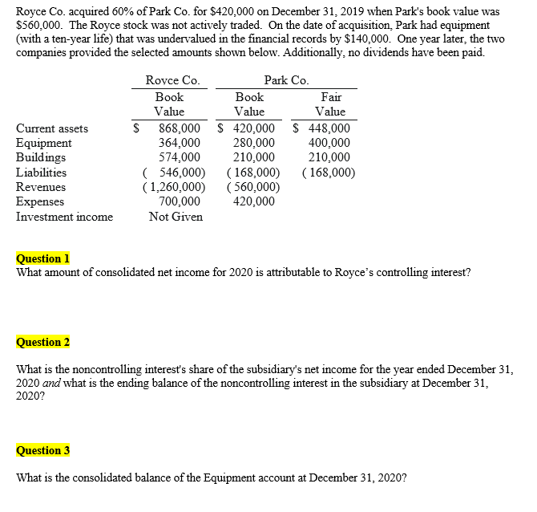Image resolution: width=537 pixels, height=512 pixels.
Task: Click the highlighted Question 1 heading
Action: [43, 258]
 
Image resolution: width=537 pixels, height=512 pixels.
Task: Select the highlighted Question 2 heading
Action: [43, 343]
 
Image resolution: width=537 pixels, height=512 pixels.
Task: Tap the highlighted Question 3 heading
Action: [43, 450]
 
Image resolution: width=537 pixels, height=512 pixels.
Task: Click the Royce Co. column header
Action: [172, 80]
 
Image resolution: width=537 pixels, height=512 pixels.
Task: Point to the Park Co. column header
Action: [286, 80]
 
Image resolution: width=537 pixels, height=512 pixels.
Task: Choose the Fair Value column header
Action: [329, 104]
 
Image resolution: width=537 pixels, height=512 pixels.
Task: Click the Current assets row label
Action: [52, 128]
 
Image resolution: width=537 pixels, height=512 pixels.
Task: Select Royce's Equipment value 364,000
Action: [180, 143]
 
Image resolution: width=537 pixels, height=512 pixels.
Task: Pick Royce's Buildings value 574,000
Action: [180, 157]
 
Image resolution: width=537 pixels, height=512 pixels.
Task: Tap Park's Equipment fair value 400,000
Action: [329, 143]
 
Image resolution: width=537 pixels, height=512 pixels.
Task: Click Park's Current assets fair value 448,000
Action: [329, 128]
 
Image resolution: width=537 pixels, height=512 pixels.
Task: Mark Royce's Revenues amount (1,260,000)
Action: [173, 187]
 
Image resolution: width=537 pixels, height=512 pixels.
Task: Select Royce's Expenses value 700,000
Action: [180, 201]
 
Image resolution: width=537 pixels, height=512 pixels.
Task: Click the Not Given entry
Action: [176, 217]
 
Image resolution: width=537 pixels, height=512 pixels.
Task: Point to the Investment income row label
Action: [64, 217]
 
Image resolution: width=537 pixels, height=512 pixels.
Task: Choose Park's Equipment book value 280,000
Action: [254, 143]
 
